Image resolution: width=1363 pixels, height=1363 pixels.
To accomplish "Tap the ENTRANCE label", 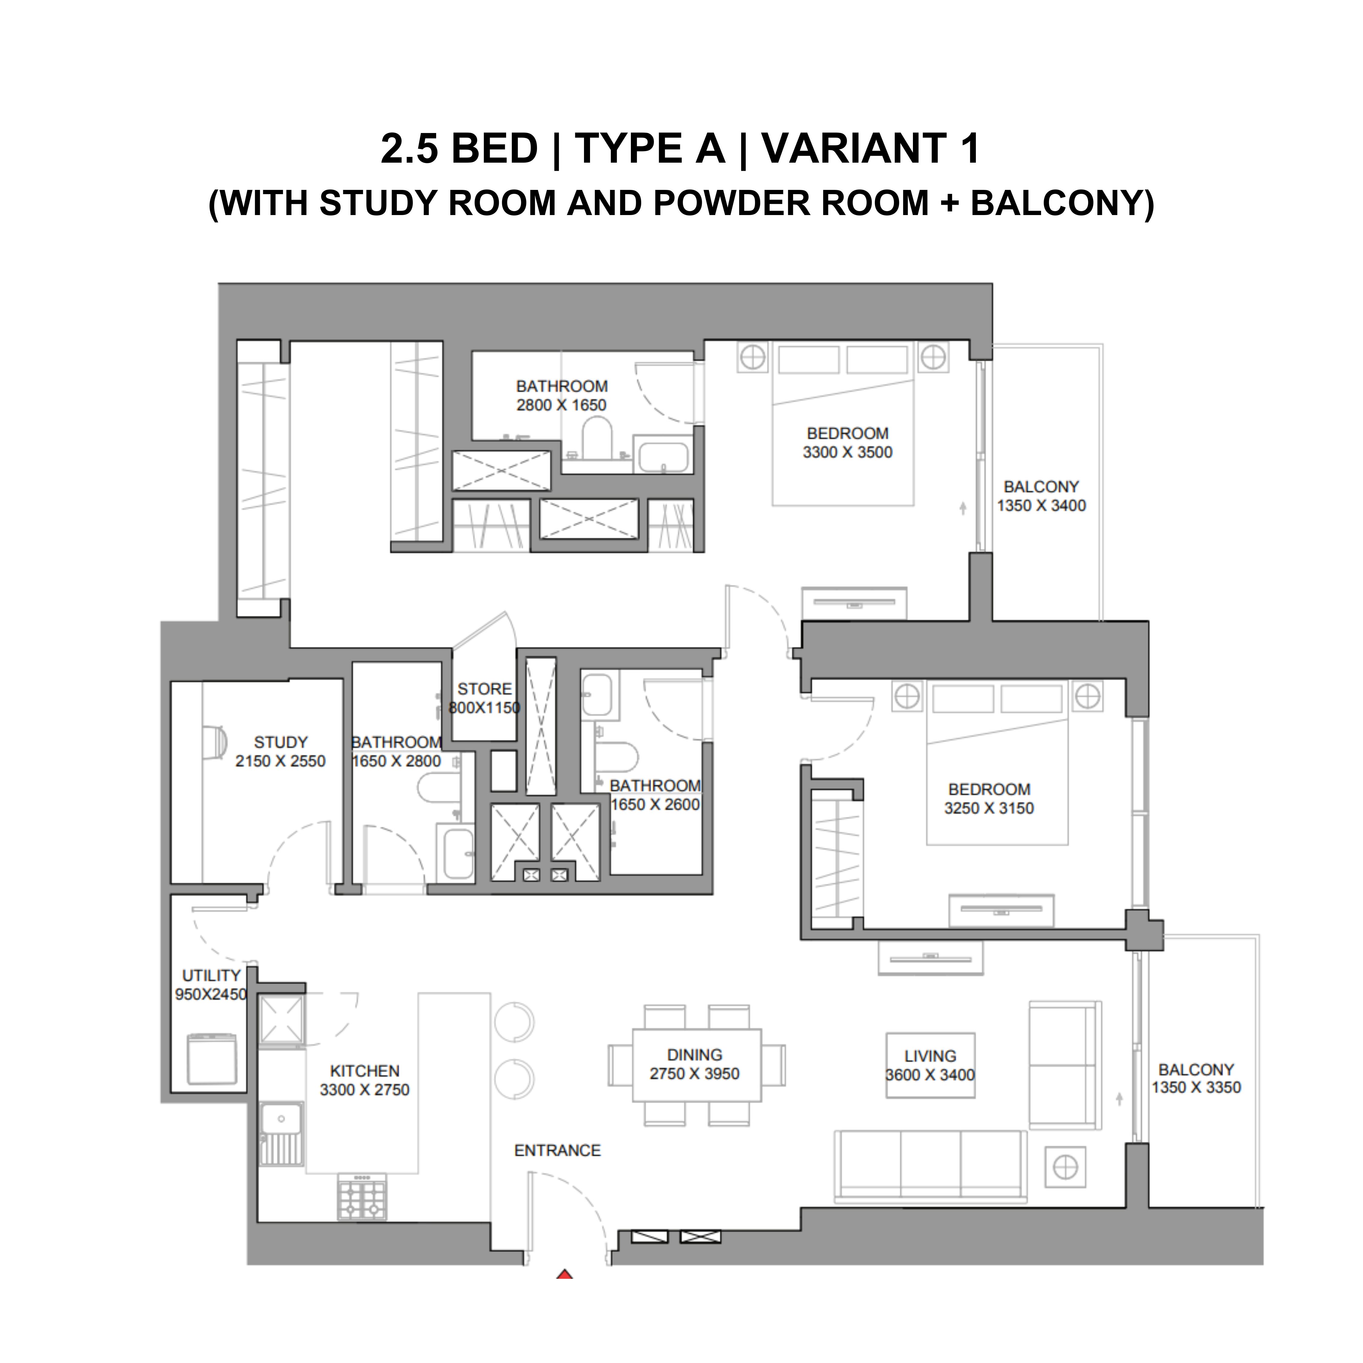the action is (557, 1151).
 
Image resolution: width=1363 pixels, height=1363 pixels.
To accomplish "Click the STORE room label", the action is (485, 688).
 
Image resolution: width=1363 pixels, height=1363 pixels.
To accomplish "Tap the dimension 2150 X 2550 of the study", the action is (281, 761).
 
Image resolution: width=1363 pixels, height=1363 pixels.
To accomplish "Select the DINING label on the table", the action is (695, 1055).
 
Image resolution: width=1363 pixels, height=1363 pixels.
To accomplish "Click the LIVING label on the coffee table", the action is (930, 1056).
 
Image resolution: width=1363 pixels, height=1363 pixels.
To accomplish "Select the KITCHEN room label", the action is (365, 1071).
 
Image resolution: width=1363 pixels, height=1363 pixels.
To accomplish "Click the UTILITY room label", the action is (212, 976).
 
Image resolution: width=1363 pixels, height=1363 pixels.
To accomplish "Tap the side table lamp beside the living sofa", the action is (1065, 1167).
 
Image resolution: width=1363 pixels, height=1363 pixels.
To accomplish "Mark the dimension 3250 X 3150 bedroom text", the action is (989, 808).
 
